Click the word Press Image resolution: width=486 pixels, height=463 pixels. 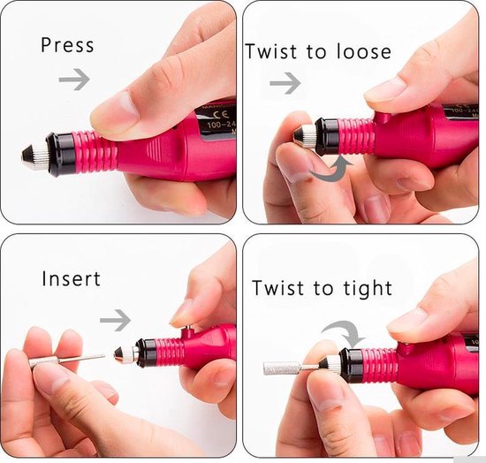click(x=67, y=45)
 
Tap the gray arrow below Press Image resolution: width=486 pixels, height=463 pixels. click(x=73, y=80)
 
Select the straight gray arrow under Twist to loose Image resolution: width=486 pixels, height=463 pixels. click(x=285, y=84)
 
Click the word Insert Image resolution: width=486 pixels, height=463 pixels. click(x=72, y=279)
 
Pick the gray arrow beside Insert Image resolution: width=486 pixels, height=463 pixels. click(x=115, y=319)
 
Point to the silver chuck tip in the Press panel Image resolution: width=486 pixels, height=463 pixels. click(x=31, y=155)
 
